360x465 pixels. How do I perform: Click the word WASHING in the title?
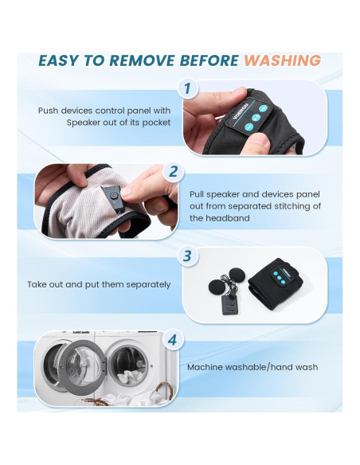coord(282,61)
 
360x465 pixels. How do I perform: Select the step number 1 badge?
coord(188,88)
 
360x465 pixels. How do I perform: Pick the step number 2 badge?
coord(174,172)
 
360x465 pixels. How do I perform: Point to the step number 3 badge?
coord(188,256)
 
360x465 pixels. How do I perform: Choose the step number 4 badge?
coord(173,340)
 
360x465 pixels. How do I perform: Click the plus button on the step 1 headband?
coord(263,108)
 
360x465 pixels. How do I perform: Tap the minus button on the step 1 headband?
coord(249,127)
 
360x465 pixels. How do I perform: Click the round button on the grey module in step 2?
coord(113,195)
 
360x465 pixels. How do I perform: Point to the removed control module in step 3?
coord(229,305)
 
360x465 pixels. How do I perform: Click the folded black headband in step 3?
coord(275,283)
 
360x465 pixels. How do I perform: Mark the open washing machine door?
coord(81,367)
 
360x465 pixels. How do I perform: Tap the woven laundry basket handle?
coord(164,389)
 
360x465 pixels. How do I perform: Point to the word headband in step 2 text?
coord(228,218)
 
